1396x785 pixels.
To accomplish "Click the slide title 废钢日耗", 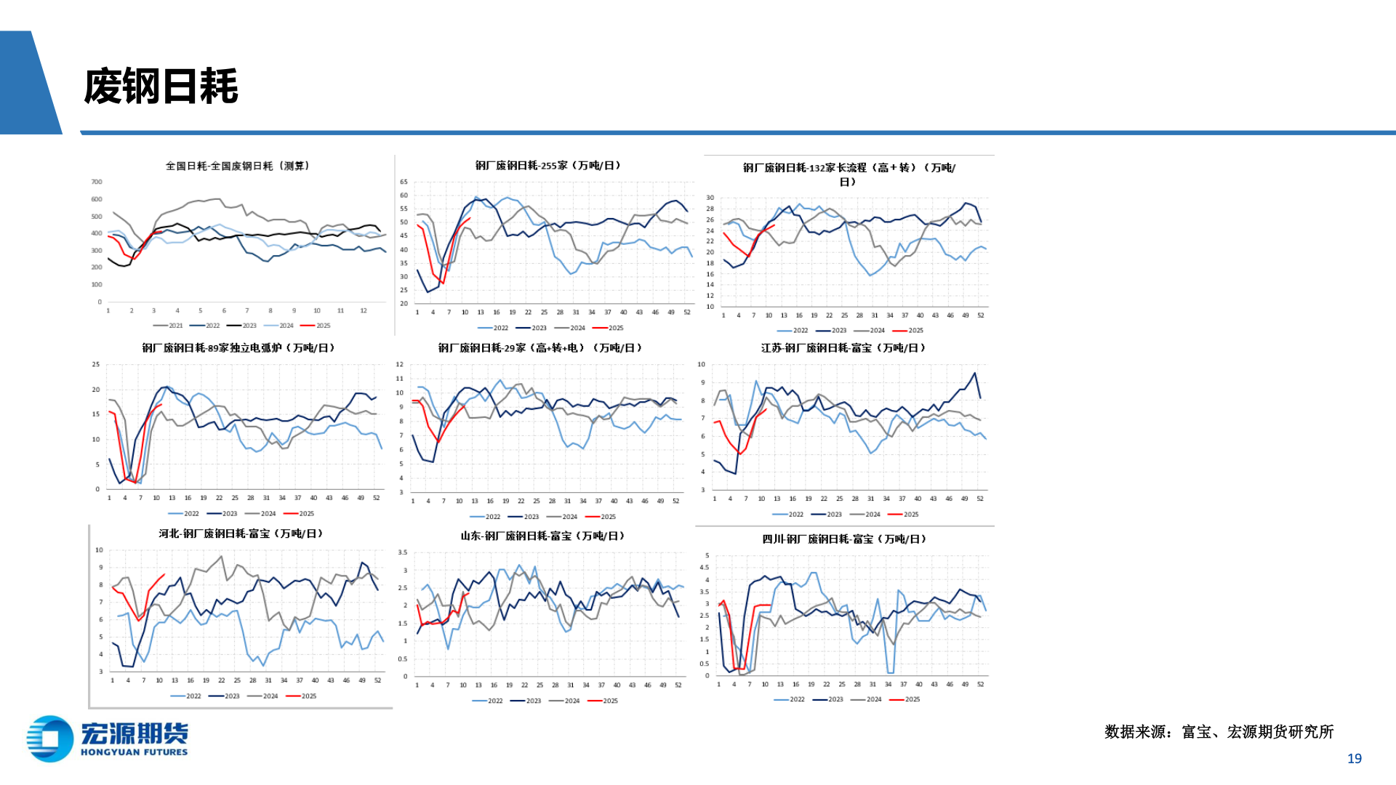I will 161,86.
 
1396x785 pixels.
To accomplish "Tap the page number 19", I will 1354,758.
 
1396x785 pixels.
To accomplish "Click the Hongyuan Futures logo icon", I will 49,738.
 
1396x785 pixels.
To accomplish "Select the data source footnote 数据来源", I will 1219,732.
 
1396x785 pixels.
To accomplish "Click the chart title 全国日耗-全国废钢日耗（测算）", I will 238,166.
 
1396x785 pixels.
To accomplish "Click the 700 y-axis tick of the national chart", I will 97,182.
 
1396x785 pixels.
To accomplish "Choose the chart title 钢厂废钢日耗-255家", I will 548,166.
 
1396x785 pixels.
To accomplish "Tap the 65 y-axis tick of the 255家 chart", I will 404,182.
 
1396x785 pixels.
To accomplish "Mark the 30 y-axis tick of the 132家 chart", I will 710,198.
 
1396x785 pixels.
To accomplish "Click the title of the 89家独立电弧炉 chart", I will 238,348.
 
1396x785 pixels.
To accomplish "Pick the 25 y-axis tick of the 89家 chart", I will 96,364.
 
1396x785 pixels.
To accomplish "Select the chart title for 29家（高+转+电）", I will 540,348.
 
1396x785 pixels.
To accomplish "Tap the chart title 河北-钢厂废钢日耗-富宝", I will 241,534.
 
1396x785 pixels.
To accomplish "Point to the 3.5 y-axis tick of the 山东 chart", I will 403,552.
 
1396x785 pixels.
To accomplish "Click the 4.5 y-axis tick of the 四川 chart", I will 704,568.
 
